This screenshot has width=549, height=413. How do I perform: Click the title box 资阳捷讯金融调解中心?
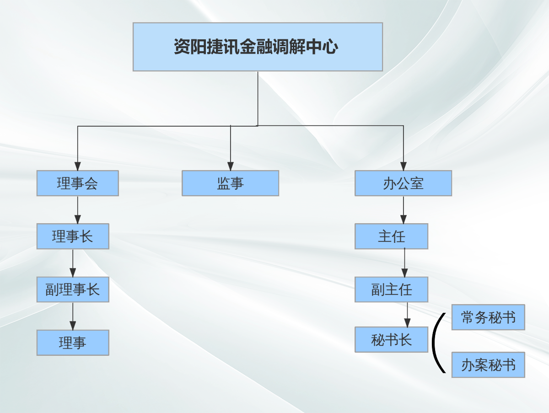pos(258,47)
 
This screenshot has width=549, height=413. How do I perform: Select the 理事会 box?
pos(77,183)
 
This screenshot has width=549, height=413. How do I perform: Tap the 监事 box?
pos(231,183)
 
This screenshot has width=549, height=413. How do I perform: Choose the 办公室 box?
pos(403,183)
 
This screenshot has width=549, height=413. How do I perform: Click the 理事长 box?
pos(73,236)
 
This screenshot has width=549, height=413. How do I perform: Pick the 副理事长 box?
pos(73,290)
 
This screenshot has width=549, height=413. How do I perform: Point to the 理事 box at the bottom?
pos(73,343)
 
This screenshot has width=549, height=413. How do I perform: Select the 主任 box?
pos(392,236)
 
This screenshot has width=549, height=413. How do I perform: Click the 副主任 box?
pos(392,290)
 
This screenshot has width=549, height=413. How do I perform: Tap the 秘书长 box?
pos(392,339)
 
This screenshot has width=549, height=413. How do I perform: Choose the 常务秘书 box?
pos(488,317)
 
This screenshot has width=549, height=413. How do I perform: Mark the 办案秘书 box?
pos(488,365)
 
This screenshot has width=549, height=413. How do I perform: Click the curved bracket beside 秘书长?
pos(433,343)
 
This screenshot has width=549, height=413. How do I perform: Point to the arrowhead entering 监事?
pos(231,166)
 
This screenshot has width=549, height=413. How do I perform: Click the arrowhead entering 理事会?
pos(77,166)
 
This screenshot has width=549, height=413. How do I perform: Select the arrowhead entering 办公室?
pos(403,166)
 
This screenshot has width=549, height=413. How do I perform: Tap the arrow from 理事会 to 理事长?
pos(77,210)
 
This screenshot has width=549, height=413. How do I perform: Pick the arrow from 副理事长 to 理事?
pos(73,316)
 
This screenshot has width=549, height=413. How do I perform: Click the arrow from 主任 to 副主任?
pos(405,263)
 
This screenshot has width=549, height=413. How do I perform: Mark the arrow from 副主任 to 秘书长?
pos(407,315)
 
